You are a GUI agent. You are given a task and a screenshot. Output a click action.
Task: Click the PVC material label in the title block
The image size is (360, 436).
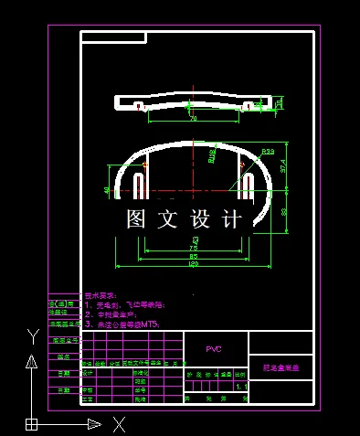pos(214,349)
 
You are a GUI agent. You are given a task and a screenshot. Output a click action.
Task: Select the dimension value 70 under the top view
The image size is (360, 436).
pos(193,119)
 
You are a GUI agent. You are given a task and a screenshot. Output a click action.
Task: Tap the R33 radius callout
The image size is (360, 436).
pos(268,151)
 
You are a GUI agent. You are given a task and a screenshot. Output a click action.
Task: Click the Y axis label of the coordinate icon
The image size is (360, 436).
pos(31,335)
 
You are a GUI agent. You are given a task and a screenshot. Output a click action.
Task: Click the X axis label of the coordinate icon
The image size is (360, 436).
pos(118,423)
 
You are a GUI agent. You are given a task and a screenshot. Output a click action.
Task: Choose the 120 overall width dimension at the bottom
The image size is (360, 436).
pos(193,266)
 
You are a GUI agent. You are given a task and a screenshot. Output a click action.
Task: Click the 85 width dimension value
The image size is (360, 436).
pos(193,257)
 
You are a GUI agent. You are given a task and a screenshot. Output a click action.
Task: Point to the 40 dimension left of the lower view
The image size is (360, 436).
pos(108,190)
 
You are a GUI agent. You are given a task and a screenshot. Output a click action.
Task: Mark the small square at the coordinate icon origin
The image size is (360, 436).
pos(31,423)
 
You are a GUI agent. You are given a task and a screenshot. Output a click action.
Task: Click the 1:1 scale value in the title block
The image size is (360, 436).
pos(240,388)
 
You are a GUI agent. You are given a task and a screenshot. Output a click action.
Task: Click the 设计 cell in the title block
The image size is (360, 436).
pos(88,373)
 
